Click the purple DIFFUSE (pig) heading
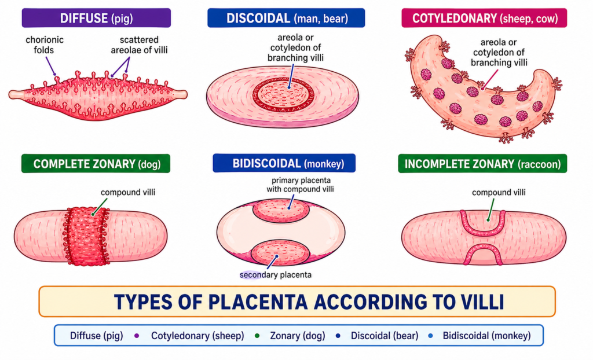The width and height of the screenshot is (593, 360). click(x=96, y=19)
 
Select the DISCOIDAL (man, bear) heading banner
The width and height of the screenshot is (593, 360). click(x=286, y=19)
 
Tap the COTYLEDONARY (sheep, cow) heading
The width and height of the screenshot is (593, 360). click(x=484, y=19)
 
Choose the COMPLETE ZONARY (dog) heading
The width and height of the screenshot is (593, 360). click(x=96, y=164)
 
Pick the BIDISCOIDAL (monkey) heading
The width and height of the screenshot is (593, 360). click(x=287, y=164)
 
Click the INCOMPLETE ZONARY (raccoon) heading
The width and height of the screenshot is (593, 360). click(x=483, y=164)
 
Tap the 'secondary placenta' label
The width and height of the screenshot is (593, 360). click(x=276, y=274)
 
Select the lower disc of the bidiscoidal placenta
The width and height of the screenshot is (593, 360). click(x=280, y=252)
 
